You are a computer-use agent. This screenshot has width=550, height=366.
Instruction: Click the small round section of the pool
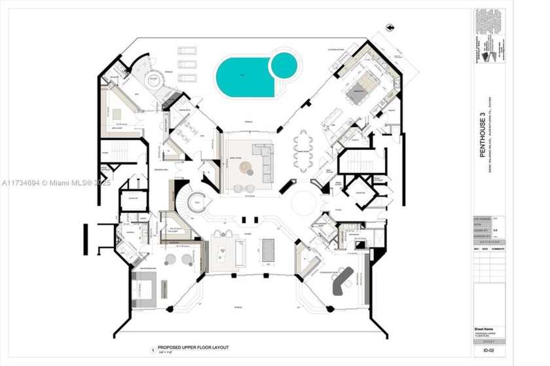pos(285,65)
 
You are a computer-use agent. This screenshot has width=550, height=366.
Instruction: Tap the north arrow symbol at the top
pos(389,27)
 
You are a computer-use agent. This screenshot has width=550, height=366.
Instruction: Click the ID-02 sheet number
pos(488,352)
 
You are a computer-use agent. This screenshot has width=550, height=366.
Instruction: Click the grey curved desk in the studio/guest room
pos(342,282)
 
